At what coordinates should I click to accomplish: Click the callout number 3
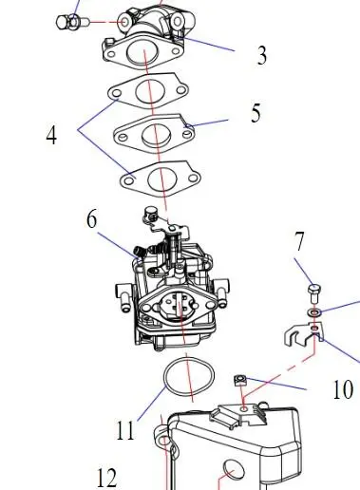262,55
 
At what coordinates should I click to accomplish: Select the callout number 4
51,135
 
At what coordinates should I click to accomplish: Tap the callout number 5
256,113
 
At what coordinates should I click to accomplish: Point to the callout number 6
91,219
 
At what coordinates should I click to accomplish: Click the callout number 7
299,241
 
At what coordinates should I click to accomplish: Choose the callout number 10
343,389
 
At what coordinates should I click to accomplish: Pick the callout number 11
125,430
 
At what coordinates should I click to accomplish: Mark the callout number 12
106,478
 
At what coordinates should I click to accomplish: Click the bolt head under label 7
314,290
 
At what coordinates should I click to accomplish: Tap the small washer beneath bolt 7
314,312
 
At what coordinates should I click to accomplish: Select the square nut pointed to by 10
240,380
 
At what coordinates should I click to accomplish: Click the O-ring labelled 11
189,376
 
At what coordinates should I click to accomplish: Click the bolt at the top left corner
72,23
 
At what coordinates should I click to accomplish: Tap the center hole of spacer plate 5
155,133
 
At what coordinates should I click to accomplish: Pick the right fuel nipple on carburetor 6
222,292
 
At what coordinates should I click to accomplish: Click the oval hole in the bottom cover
234,471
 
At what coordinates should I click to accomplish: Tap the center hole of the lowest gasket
161,179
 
